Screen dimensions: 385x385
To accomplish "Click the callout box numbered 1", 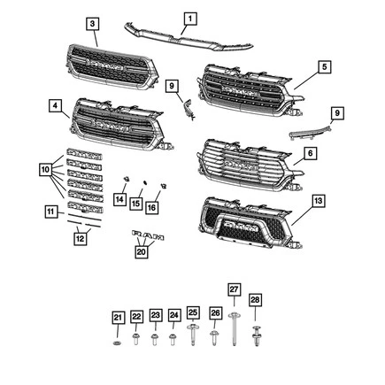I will pos(189,18).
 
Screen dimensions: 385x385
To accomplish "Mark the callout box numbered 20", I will pos(142,251).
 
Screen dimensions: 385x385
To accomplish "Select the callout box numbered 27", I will pos(234,289).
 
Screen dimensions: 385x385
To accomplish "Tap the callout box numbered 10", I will pos(44,167).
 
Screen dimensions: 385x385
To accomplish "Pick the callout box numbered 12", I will pos(80,237).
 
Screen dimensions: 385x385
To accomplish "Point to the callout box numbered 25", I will pos(192,316).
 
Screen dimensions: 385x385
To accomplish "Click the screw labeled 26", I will pos(214,338).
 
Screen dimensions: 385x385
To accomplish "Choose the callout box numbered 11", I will pos(52,212).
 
